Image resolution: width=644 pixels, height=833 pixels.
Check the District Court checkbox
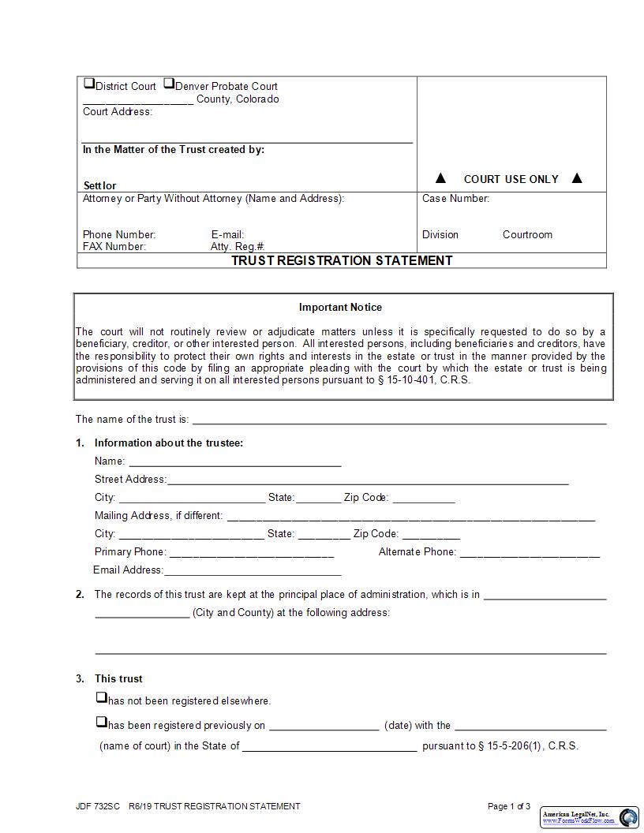click(89, 84)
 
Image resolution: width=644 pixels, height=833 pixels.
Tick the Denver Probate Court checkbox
click(169, 84)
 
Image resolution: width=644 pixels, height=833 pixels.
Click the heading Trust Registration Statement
click(342, 260)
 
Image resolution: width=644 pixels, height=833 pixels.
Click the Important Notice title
click(340, 307)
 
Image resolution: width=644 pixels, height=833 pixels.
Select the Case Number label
click(455, 199)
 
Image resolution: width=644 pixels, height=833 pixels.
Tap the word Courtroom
click(527, 234)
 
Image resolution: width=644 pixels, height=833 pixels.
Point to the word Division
click(440, 234)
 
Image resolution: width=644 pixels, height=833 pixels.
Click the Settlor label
click(99, 186)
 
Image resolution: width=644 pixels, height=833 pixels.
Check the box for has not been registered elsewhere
click(101, 698)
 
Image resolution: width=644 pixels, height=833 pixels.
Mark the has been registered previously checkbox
click(101, 722)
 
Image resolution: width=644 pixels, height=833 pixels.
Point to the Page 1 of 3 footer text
click(509, 806)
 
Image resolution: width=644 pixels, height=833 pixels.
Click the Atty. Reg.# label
click(237, 247)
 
